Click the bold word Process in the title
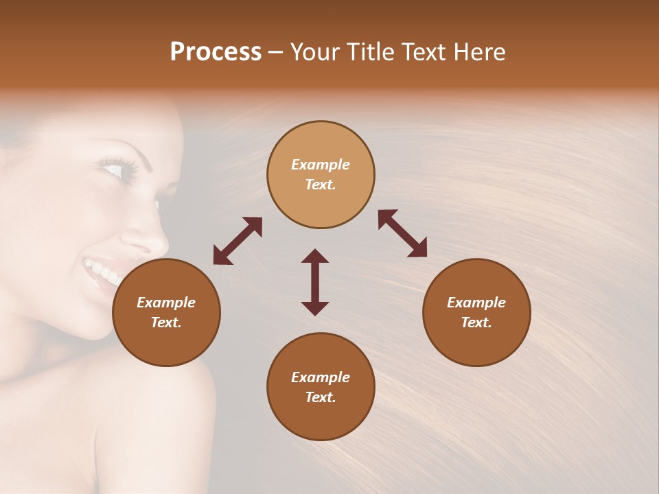pos(216,52)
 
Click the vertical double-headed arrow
pos(315,282)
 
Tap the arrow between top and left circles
pos(238,241)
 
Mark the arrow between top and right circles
pos(402,233)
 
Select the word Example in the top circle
pos(321,165)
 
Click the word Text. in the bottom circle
pos(321,397)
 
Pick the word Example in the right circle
pos(476,303)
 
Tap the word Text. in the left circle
pos(166,322)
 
